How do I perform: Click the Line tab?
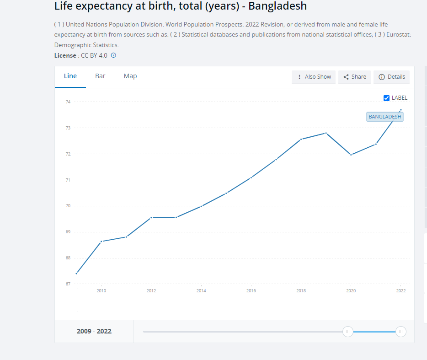click(x=70, y=76)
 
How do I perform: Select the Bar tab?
click(x=100, y=76)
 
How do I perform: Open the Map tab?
click(x=130, y=76)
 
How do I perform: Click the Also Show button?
click(x=314, y=77)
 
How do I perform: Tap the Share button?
click(x=355, y=77)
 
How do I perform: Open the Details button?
click(x=392, y=77)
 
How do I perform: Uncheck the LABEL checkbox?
click(x=386, y=98)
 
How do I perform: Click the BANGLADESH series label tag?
click(x=385, y=117)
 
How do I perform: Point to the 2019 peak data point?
click(x=326, y=133)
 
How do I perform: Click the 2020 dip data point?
click(x=351, y=155)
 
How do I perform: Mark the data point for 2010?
click(x=101, y=241)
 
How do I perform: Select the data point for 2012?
click(x=151, y=217)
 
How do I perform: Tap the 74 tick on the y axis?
click(x=68, y=102)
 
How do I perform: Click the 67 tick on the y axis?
click(x=68, y=284)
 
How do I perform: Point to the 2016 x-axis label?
click(x=251, y=291)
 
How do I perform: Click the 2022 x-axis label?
click(x=401, y=291)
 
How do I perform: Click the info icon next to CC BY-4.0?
click(x=113, y=55)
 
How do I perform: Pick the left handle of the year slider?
click(x=348, y=332)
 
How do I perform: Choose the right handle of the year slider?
click(x=401, y=332)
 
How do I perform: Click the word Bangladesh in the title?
click(x=278, y=6)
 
